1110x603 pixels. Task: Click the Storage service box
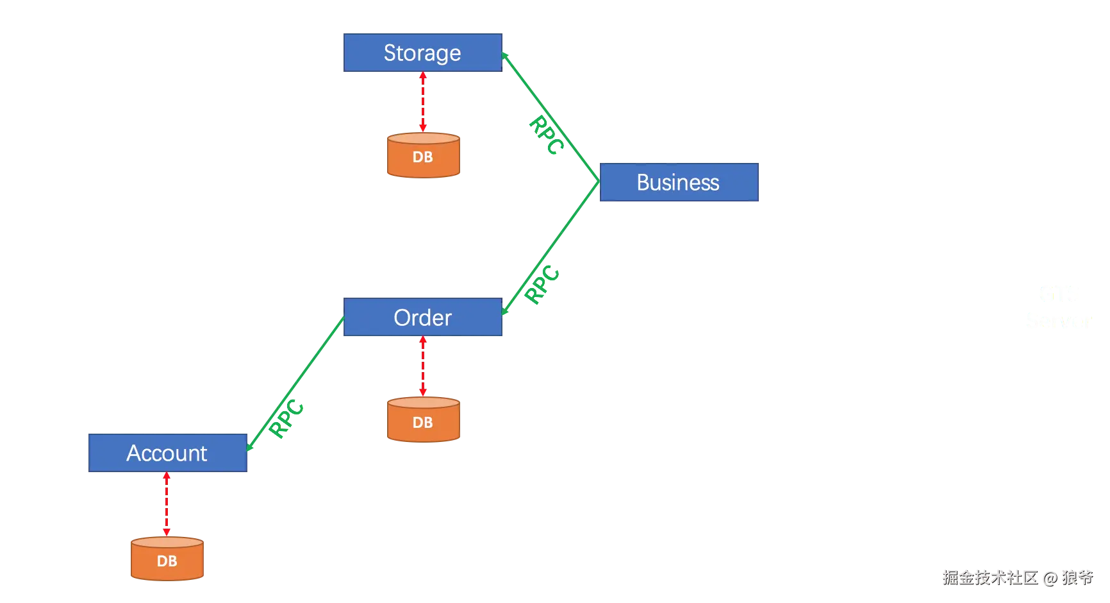[423, 53]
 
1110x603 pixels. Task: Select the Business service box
[679, 182]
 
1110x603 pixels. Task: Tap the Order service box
[423, 317]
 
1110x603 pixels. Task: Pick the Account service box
[168, 453]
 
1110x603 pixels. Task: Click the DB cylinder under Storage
[424, 155]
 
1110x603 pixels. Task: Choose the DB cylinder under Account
[167, 559]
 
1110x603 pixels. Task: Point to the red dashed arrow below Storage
[423, 102]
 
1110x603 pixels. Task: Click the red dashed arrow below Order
[423, 366]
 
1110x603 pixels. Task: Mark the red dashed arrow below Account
[167, 504]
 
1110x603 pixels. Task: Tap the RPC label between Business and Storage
[547, 135]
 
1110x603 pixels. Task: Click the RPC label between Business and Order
[542, 284]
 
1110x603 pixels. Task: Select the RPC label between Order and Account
[286, 418]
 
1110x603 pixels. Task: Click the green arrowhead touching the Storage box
[505, 56]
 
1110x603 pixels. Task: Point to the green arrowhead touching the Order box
[505, 310]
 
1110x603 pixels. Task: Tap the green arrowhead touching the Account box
[250, 446]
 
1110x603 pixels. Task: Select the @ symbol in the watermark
[1050, 579]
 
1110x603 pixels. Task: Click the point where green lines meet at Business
[599, 182]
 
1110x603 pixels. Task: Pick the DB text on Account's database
[167, 561]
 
